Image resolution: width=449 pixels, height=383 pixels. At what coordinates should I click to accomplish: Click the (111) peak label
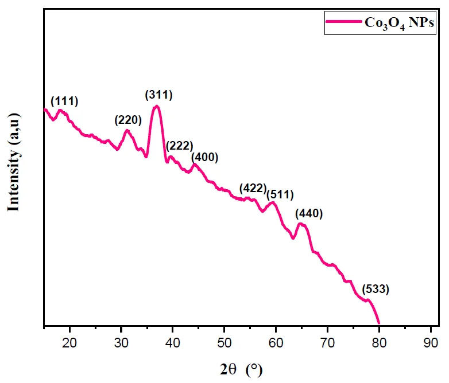pos(64,101)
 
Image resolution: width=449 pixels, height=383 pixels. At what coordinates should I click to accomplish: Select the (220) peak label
pos(128,120)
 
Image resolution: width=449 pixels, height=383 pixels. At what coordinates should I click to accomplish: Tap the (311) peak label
pos(158,94)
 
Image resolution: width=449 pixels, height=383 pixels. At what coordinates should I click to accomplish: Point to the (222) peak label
pos(179,146)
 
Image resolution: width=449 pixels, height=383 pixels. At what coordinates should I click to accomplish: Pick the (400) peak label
pos(204,157)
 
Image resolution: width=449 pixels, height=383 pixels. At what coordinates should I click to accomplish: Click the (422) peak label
pos(253,188)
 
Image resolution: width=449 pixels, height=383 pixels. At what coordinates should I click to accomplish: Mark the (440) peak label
pos(309,214)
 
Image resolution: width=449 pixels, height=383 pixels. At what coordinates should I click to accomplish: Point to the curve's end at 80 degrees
pos(379,324)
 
